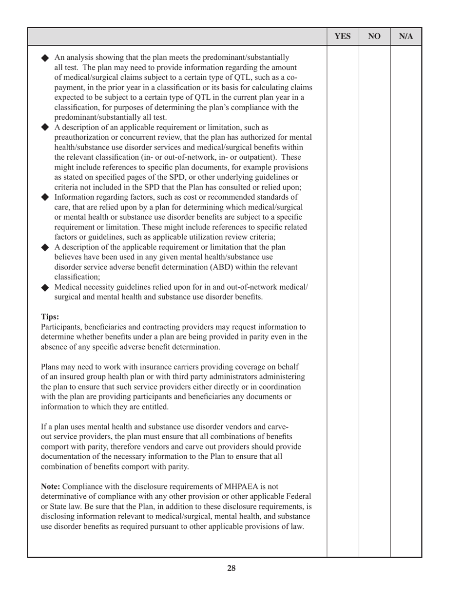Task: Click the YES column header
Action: point(343,36)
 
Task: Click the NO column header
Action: point(374,36)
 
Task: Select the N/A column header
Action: point(406,36)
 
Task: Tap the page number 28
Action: point(231,567)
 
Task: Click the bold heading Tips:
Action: point(50,316)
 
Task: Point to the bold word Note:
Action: point(51,486)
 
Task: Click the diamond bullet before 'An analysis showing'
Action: point(45,57)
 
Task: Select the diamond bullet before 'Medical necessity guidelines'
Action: point(45,287)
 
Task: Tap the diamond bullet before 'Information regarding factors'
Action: point(45,197)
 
